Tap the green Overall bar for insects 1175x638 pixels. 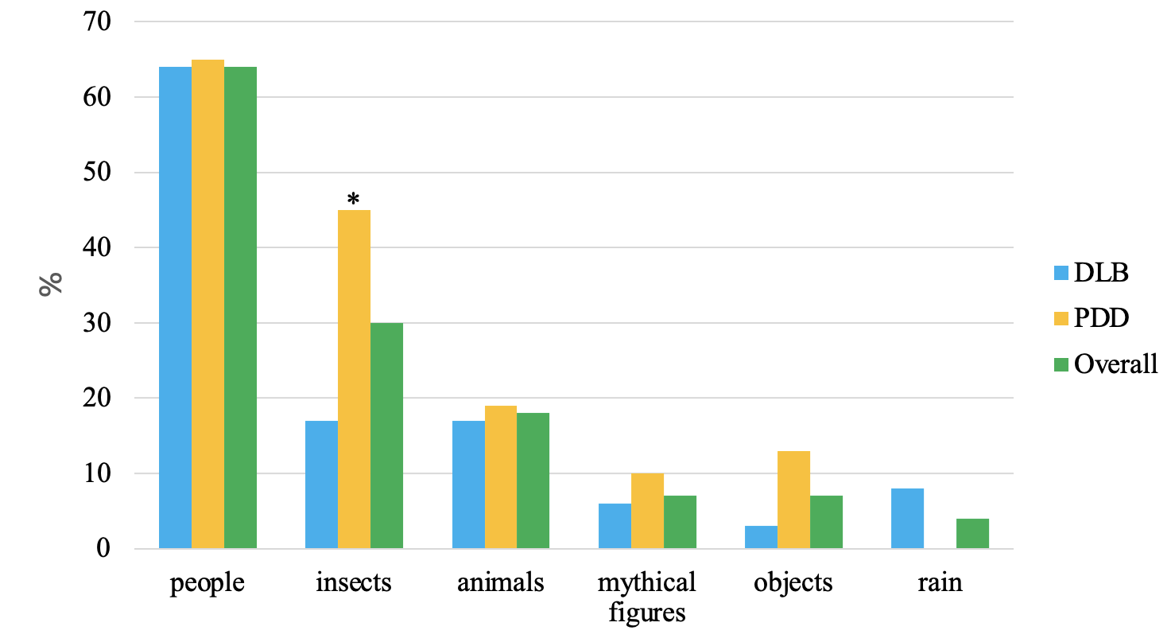click(x=386, y=435)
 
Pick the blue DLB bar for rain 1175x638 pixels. click(x=907, y=518)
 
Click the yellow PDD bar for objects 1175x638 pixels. click(x=793, y=500)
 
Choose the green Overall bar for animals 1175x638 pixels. click(x=533, y=480)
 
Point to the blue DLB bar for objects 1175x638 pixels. click(x=761, y=537)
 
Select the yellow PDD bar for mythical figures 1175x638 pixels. click(x=647, y=511)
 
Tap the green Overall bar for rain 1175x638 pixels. click(x=972, y=533)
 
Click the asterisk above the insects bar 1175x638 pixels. click(x=354, y=198)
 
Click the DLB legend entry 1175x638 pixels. click(x=1101, y=273)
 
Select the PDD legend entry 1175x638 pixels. click(x=1101, y=318)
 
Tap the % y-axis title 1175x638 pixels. click(x=50, y=284)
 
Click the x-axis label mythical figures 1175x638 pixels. click(x=647, y=597)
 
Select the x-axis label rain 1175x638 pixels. click(x=940, y=583)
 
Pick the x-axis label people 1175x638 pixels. click(x=207, y=583)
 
